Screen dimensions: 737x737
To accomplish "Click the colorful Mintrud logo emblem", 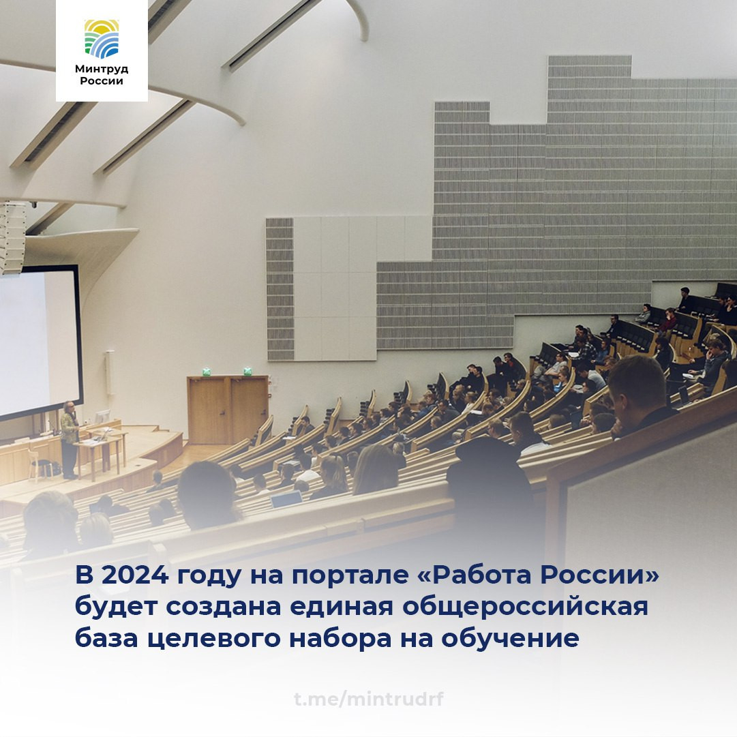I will click(x=102, y=38).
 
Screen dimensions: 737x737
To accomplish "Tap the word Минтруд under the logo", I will click(x=102, y=69).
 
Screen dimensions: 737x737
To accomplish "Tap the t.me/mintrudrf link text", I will click(x=369, y=699).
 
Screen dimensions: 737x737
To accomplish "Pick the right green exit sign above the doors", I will click(x=247, y=372).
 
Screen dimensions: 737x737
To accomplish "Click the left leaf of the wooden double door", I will click(x=209, y=410).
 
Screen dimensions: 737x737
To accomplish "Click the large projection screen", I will click(x=37, y=341).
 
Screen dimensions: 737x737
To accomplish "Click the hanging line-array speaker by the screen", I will click(x=12, y=239).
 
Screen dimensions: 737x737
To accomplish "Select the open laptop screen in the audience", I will click(x=286, y=500).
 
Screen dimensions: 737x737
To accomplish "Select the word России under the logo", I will click(x=102, y=81).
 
